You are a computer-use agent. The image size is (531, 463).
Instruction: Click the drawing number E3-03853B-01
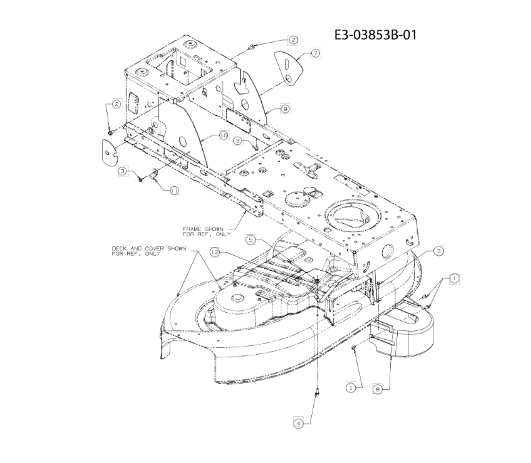click(x=375, y=35)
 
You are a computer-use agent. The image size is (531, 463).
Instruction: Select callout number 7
click(x=315, y=53)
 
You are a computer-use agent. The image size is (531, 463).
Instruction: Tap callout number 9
click(x=285, y=109)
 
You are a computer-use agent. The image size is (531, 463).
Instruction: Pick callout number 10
click(x=224, y=135)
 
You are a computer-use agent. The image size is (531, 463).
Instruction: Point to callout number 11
click(x=175, y=190)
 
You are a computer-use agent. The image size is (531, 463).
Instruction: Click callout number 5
click(x=250, y=240)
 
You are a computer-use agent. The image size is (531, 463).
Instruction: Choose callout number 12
click(x=215, y=252)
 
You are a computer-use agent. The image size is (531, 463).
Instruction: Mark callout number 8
click(x=378, y=389)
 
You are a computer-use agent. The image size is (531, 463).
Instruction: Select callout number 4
click(x=298, y=423)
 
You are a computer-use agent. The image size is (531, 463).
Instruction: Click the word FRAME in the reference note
click(x=192, y=229)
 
